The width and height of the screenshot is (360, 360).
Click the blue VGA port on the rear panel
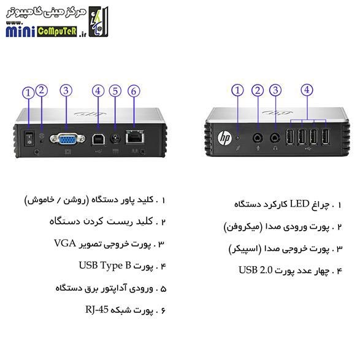point(67,139)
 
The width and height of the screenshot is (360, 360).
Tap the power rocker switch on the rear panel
point(29,139)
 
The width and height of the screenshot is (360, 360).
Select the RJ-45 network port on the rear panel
point(135,137)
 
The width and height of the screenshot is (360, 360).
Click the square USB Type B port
point(99,139)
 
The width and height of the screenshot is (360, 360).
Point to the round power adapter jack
point(115,139)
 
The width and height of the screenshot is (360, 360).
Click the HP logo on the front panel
point(225,138)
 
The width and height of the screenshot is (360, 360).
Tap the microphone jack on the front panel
point(258,138)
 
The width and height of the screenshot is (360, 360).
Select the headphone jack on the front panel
point(275,138)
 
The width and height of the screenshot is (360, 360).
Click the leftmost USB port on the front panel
point(289,137)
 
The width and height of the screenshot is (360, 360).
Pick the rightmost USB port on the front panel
point(326,137)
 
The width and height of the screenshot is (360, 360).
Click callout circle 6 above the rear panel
point(134,91)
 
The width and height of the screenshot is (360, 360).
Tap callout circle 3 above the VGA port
point(66,90)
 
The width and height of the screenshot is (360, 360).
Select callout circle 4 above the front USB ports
point(307,90)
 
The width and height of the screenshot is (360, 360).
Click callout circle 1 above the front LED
point(237,90)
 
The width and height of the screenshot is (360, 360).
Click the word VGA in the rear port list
point(65,243)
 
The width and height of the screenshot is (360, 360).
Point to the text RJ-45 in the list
point(97,309)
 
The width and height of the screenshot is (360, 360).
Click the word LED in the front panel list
point(300,204)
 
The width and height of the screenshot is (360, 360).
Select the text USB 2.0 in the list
point(256,270)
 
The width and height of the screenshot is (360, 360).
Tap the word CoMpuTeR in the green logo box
point(56,31)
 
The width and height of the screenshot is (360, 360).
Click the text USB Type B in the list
point(105,266)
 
